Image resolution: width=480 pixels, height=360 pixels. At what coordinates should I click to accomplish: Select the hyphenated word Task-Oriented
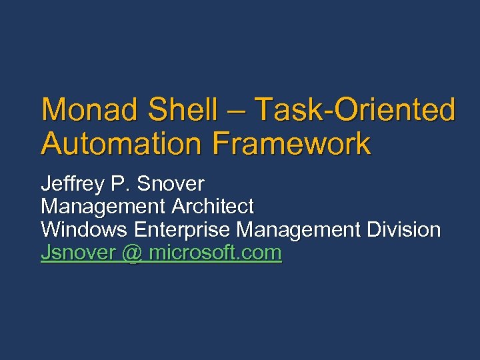click(355, 110)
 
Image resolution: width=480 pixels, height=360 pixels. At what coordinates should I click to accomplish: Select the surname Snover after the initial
click(171, 183)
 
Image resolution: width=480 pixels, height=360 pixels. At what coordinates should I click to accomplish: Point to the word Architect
click(213, 207)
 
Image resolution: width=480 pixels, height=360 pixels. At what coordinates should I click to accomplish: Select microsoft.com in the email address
click(215, 254)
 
